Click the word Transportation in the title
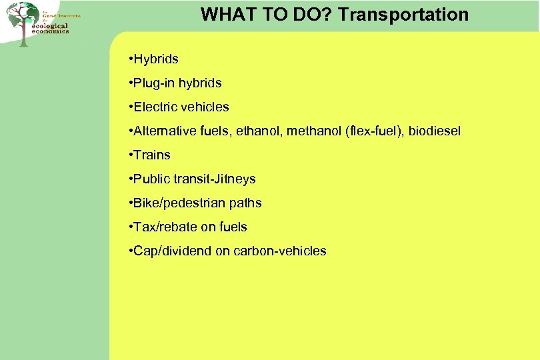click(403, 14)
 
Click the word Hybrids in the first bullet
click(156, 59)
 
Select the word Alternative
click(164, 131)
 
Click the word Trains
click(152, 155)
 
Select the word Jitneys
click(234, 179)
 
